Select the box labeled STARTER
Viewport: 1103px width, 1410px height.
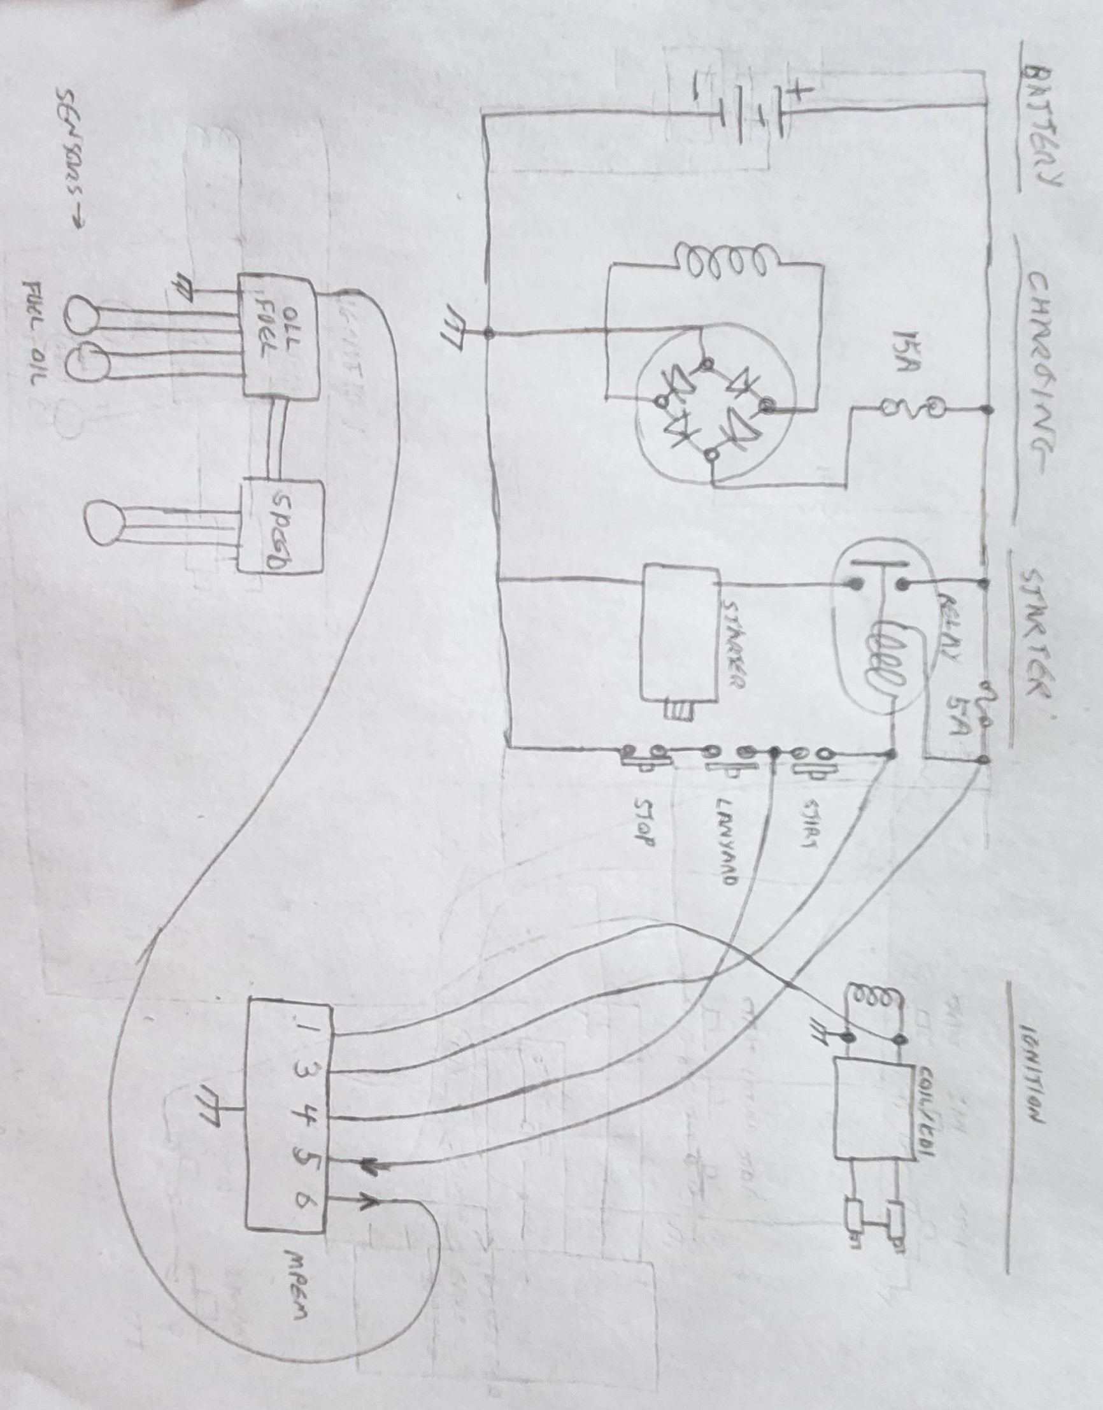coord(680,633)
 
